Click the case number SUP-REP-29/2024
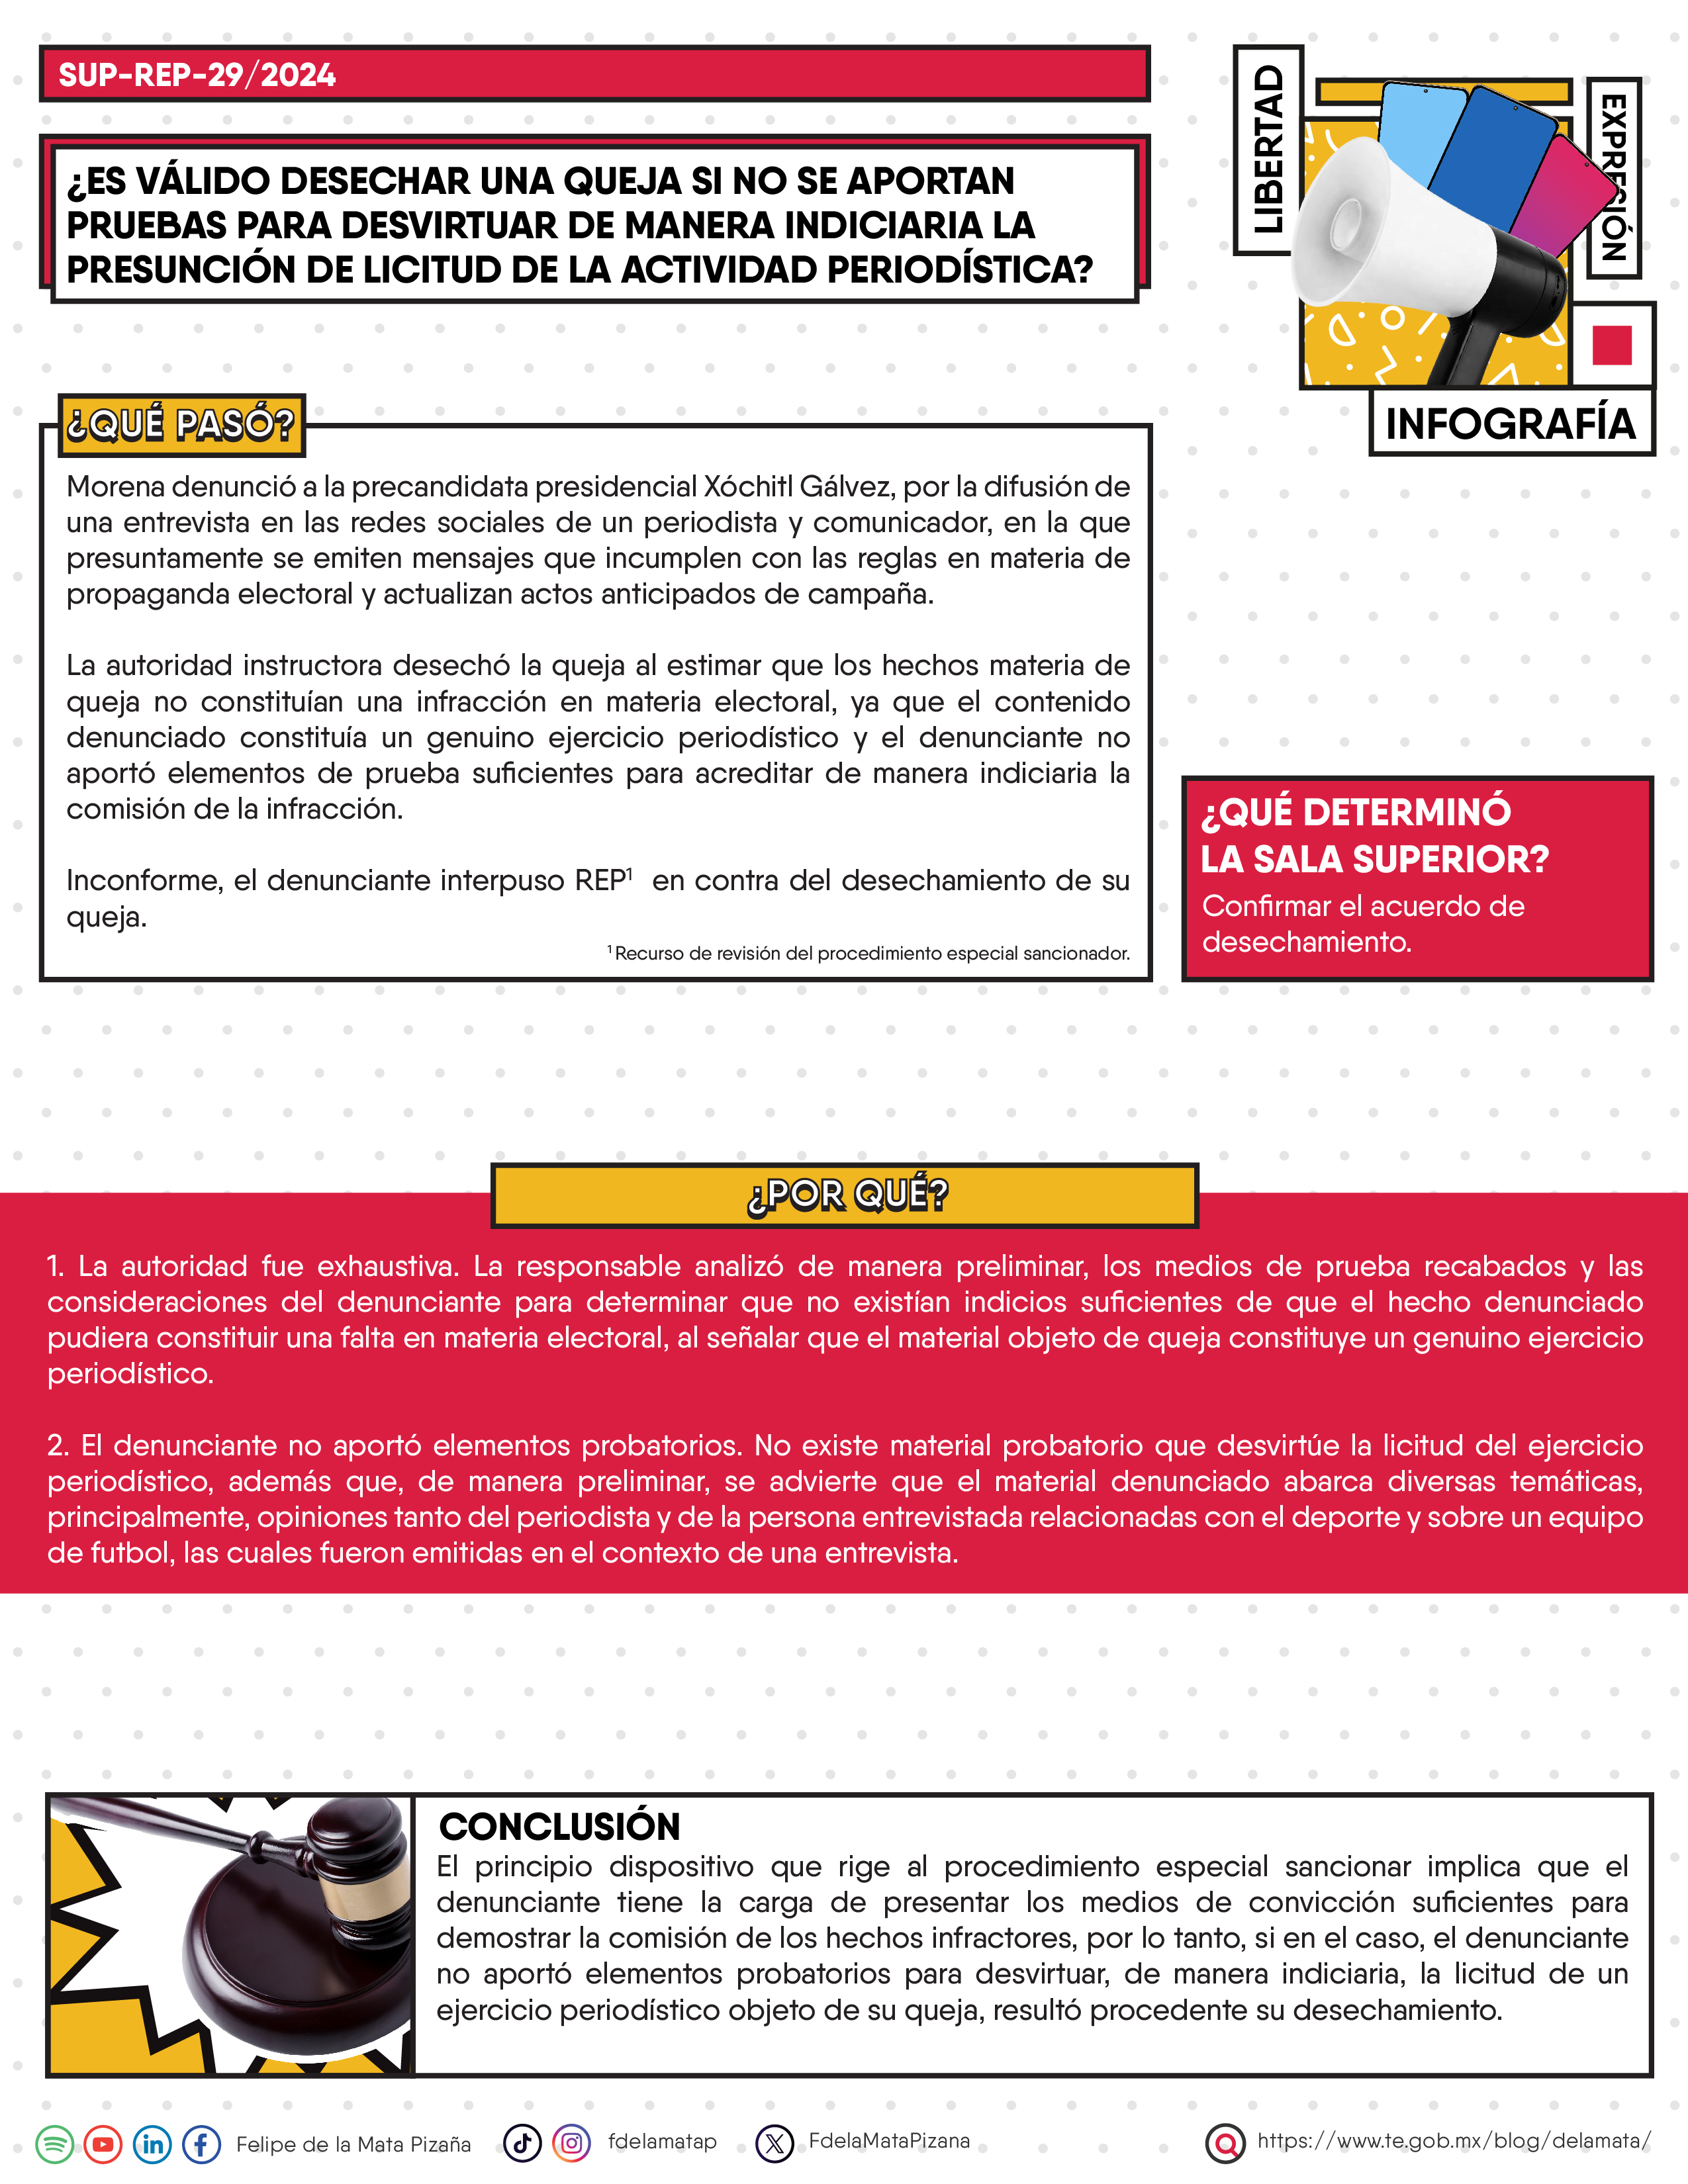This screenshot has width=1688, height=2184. [x=197, y=75]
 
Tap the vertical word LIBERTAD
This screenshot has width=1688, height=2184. [x=1268, y=150]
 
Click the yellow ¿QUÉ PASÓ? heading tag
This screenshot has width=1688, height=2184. [x=181, y=425]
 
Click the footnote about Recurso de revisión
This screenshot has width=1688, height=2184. [x=870, y=953]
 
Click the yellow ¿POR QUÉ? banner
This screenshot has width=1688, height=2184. [x=845, y=1195]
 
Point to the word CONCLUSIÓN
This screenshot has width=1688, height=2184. [x=559, y=1827]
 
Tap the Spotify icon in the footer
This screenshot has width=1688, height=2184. [x=55, y=2144]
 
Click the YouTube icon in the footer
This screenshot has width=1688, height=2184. [x=103, y=2144]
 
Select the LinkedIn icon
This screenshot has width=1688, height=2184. [x=153, y=2144]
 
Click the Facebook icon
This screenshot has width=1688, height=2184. [x=201, y=2144]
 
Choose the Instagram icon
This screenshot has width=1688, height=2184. [x=571, y=2143]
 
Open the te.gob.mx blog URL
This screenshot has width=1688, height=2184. [x=1453, y=2141]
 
